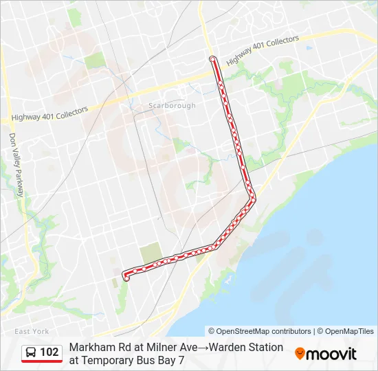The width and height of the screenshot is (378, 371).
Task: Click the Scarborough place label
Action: pyautogui.click(x=172, y=106)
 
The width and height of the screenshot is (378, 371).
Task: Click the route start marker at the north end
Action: pyautogui.click(x=212, y=59)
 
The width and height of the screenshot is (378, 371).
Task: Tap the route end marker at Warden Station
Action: pyautogui.click(x=126, y=278)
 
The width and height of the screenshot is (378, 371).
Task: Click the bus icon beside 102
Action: pyautogui.click(x=31, y=352)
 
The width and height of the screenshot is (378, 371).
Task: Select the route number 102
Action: pyautogui.click(x=49, y=352)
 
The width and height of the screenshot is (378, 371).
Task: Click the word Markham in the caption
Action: pyautogui.click(x=91, y=347)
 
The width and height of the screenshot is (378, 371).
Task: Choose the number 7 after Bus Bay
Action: pyautogui.click(x=181, y=359)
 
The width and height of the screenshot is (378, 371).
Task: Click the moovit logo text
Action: pyautogui.click(x=331, y=354)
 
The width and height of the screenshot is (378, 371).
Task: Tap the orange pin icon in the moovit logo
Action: pyautogui.click(x=300, y=354)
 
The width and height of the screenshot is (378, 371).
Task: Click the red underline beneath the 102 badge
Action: pyautogui.click(x=42, y=361)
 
